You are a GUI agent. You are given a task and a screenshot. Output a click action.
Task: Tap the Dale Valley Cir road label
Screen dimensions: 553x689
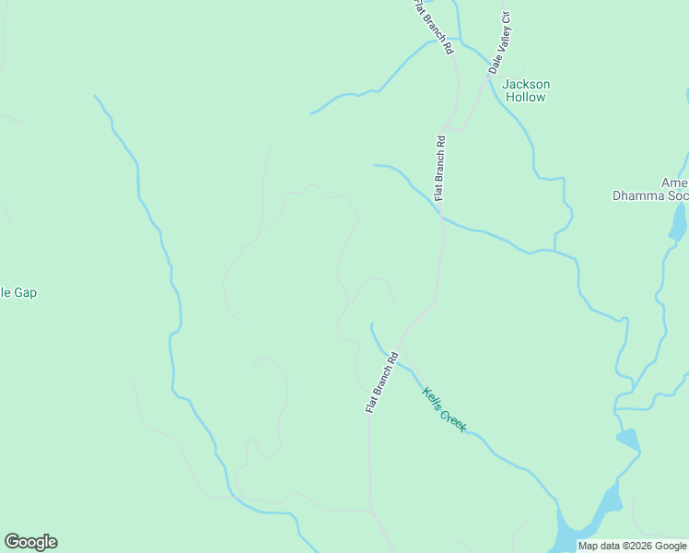pos(498,42)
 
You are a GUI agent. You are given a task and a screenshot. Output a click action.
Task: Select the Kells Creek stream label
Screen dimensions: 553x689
pos(445,409)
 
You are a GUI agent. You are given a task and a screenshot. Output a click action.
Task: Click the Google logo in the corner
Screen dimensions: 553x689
pos(30,542)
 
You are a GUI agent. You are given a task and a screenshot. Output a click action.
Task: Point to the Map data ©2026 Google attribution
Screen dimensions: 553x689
pos(632,546)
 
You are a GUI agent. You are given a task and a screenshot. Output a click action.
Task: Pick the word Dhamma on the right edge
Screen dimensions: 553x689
pos(638,194)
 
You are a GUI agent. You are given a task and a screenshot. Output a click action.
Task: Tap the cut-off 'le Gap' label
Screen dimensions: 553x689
pos(18,293)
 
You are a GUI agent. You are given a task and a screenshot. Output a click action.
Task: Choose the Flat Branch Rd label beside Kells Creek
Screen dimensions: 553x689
pos(381,381)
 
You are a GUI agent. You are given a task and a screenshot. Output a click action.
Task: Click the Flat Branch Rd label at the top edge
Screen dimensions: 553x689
pos(434,26)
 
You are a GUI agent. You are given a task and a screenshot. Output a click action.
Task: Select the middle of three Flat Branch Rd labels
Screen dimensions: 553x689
pos(440,168)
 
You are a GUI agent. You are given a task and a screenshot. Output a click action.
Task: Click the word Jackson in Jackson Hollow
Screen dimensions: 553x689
pos(525,84)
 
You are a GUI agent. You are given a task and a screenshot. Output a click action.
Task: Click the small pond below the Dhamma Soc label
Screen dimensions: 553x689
pos(679,222)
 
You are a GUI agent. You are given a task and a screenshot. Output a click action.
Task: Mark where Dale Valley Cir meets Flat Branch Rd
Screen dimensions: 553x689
pos(450,126)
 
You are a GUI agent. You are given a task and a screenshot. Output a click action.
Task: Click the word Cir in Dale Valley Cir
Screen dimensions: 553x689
pos(505,19)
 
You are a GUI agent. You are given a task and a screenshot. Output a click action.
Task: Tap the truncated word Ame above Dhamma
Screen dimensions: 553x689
pos(677,182)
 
